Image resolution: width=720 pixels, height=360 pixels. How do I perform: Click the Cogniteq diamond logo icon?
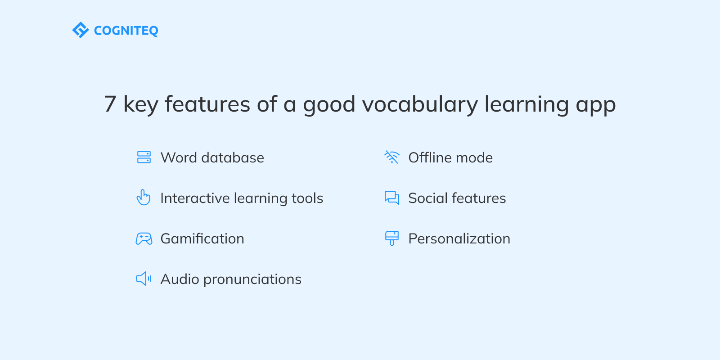(81, 30)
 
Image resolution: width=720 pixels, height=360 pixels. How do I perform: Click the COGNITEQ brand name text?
(126, 31)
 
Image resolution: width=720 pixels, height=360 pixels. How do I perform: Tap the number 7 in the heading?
(110, 104)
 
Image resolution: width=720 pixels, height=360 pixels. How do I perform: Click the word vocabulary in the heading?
(420, 104)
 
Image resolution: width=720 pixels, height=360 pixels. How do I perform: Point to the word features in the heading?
(207, 104)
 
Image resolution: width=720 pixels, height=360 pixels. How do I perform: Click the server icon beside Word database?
(144, 157)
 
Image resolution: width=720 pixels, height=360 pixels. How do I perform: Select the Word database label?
(212, 157)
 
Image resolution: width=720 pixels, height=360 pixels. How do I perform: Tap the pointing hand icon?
(144, 198)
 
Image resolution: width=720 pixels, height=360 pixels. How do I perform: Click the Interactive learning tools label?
(242, 198)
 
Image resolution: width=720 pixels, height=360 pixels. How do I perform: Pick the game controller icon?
(144, 238)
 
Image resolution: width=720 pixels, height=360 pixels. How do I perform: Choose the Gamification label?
(202, 238)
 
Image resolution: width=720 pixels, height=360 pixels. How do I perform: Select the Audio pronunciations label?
(231, 279)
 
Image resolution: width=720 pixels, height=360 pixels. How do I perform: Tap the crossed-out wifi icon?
(392, 157)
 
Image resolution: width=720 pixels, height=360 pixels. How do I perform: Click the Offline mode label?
(450, 157)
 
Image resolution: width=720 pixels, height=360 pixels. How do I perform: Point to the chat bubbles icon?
(392, 198)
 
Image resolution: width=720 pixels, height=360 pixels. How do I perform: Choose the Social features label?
(457, 198)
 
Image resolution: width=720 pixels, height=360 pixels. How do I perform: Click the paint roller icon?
(392, 238)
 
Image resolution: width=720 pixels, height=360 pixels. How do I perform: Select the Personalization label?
(459, 238)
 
